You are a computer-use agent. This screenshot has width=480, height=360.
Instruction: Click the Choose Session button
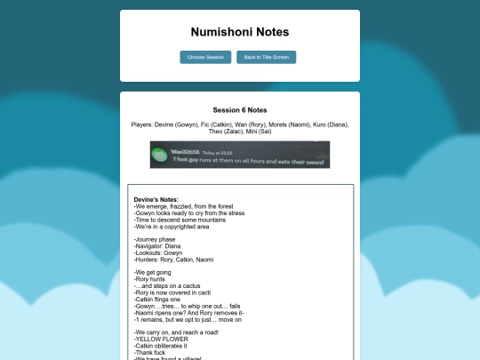(205, 57)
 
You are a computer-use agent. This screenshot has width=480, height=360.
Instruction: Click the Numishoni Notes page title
(240, 32)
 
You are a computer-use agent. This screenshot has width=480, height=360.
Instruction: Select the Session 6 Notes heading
(240, 110)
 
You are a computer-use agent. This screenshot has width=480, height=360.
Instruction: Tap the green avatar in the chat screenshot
(158, 155)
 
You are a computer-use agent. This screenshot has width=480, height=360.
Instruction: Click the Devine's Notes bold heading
(156, 199)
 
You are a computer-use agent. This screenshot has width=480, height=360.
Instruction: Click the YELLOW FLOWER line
(163, 339)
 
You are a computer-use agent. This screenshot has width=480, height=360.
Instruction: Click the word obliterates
(175, 345)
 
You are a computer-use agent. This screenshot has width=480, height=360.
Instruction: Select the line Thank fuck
(151, 352)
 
